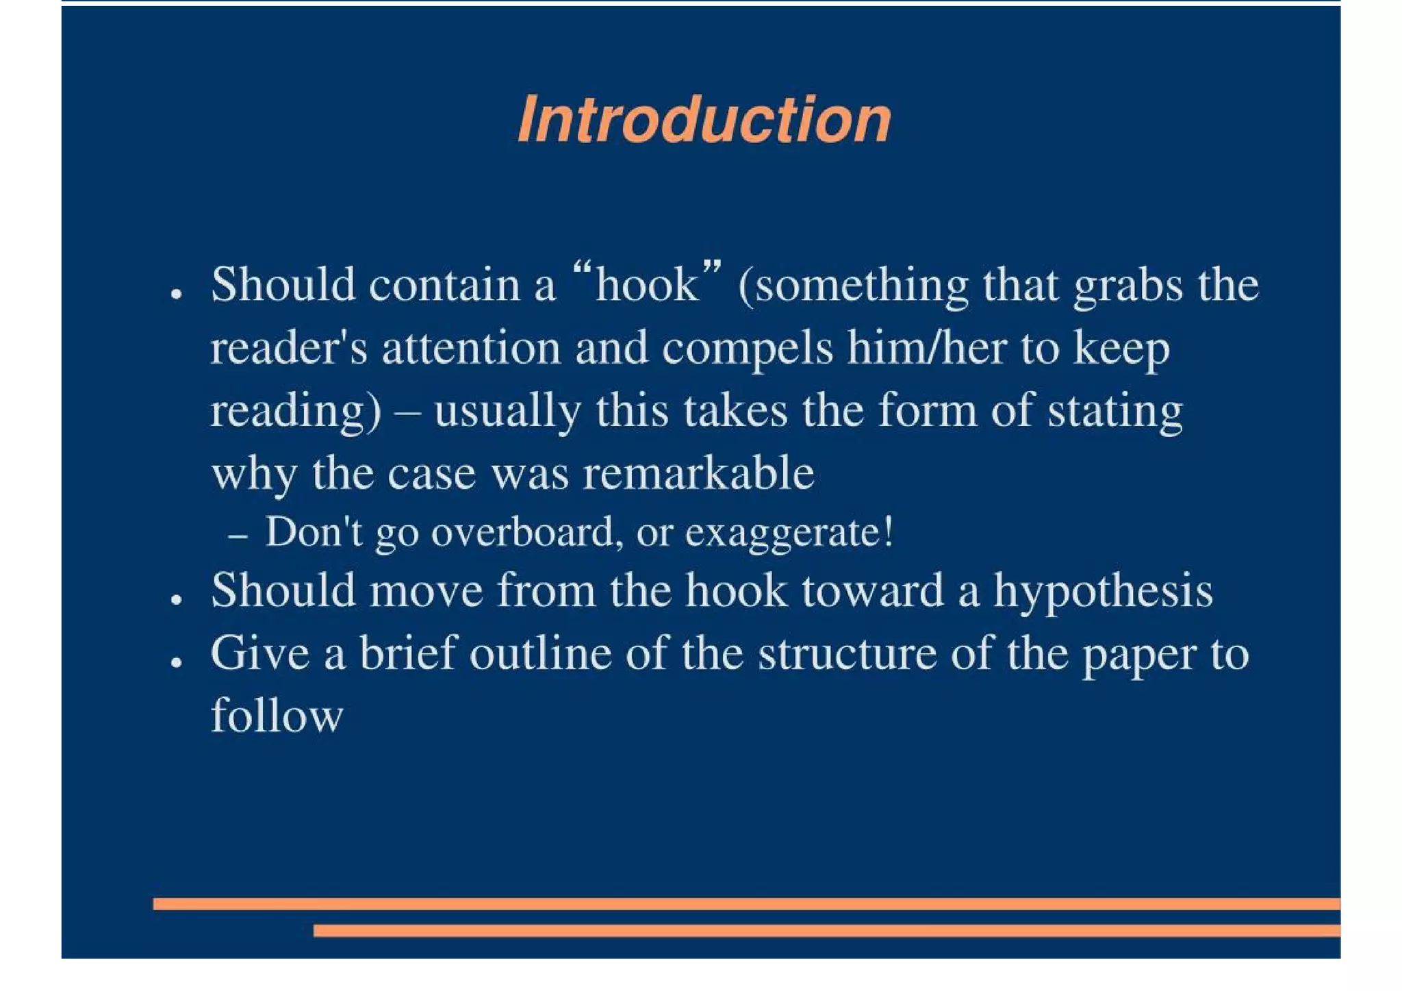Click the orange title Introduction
(x=704, y=120)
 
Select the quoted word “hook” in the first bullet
(x=646, y=284)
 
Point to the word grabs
(x=1127, y=285)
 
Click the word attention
(x=471, y=347)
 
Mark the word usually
(x=507, y=411)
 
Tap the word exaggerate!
(x=789, y=533)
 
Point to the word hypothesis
(x=1103, y=591)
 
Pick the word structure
(x=847, y=653)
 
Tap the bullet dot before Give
(x=177, y=662)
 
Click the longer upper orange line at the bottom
(x=746, y=904)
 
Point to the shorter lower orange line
(x=826, y=931)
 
